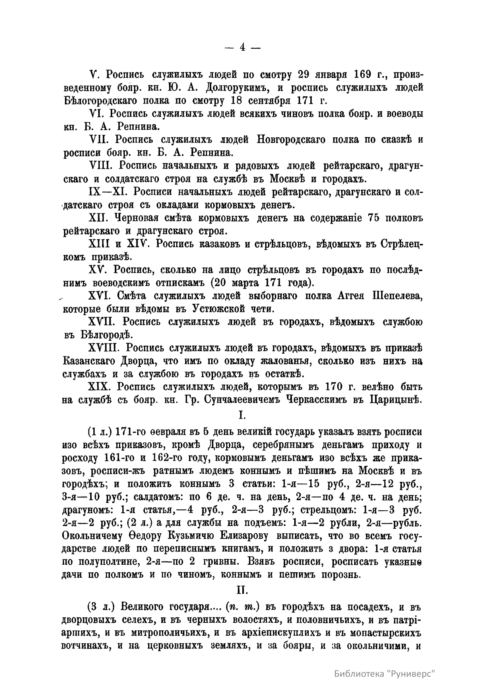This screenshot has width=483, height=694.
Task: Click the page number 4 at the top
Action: (242, 47)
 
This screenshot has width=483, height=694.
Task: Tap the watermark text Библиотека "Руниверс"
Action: (385, 674)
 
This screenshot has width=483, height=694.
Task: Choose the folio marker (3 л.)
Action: (101, 607)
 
